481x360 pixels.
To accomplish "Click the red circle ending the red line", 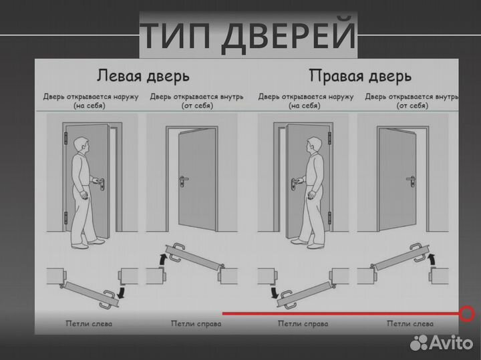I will point(467,313).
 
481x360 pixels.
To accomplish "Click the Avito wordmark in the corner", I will point(452,343).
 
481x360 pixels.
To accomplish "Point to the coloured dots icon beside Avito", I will point(419,342).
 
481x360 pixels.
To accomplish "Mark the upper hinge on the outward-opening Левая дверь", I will point(66,138).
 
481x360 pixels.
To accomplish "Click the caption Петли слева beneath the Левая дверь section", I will point(89,324).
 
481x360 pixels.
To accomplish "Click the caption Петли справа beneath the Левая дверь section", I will point(196,324).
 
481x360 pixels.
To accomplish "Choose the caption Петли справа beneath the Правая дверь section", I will point(303,324).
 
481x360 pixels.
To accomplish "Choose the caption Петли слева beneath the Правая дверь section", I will point(410,324).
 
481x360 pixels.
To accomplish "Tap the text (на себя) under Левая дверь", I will point(89,106).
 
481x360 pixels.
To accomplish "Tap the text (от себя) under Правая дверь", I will point(412,106).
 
